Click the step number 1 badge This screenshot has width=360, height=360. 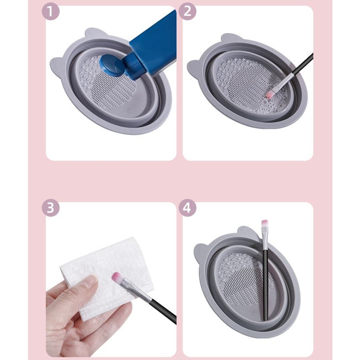pyautogui.click(x=50, y=11)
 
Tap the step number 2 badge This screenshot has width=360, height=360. pyautogui.click(x=187, y=11)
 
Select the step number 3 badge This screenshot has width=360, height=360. pyautogui.click(x=50, y=208)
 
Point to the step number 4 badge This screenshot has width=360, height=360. pyautogui.click(x=187, y=208)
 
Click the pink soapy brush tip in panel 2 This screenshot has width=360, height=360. pyautogui.click(x=269, y=94)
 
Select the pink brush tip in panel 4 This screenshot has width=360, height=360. pyautogui.click(x=265, y=223)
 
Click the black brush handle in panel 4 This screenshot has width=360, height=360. pyautogui.click(x=265, y=285)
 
